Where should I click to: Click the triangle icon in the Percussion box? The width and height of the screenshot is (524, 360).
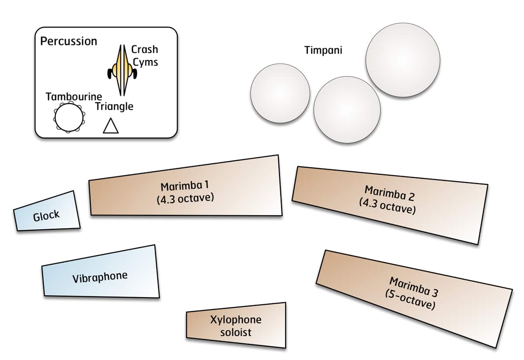(x=110, y=126)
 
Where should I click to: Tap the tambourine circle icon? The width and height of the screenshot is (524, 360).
(x=69, y=118)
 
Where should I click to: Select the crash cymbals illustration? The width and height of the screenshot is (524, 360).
(x=122, y=70)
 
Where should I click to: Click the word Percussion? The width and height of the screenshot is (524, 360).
(x=69, y=42)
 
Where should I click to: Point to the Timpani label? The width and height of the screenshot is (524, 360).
(x=323, y=50)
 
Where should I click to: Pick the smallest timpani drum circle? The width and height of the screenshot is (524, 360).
(x=280, y=93)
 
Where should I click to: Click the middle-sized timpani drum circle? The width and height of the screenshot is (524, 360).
(x=347, y=110)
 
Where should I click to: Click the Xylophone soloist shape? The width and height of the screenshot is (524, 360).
(x=236, y=325)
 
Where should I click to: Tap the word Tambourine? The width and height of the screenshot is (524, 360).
(x=74, y=97)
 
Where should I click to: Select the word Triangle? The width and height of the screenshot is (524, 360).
(x=114, y=106)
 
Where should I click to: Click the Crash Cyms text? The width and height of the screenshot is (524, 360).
(x=145, y=55)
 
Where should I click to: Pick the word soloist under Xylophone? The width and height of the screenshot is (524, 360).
(x=235, y=332)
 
